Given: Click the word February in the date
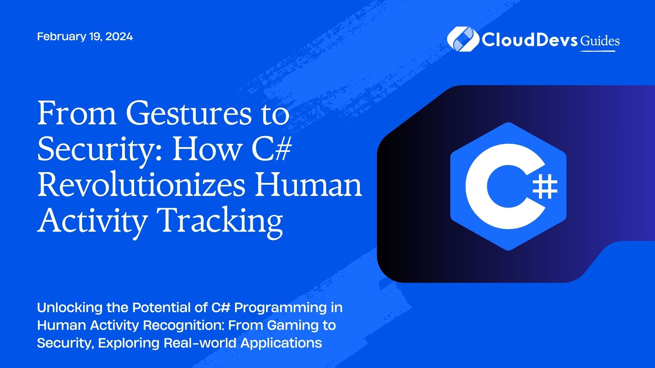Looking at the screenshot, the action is (x=61, y=36).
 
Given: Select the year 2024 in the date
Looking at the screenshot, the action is (x=119, y=36).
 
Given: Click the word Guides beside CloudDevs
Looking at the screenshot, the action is (x=600, y=41).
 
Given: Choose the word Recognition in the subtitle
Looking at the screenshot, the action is (x=183, y=326).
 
